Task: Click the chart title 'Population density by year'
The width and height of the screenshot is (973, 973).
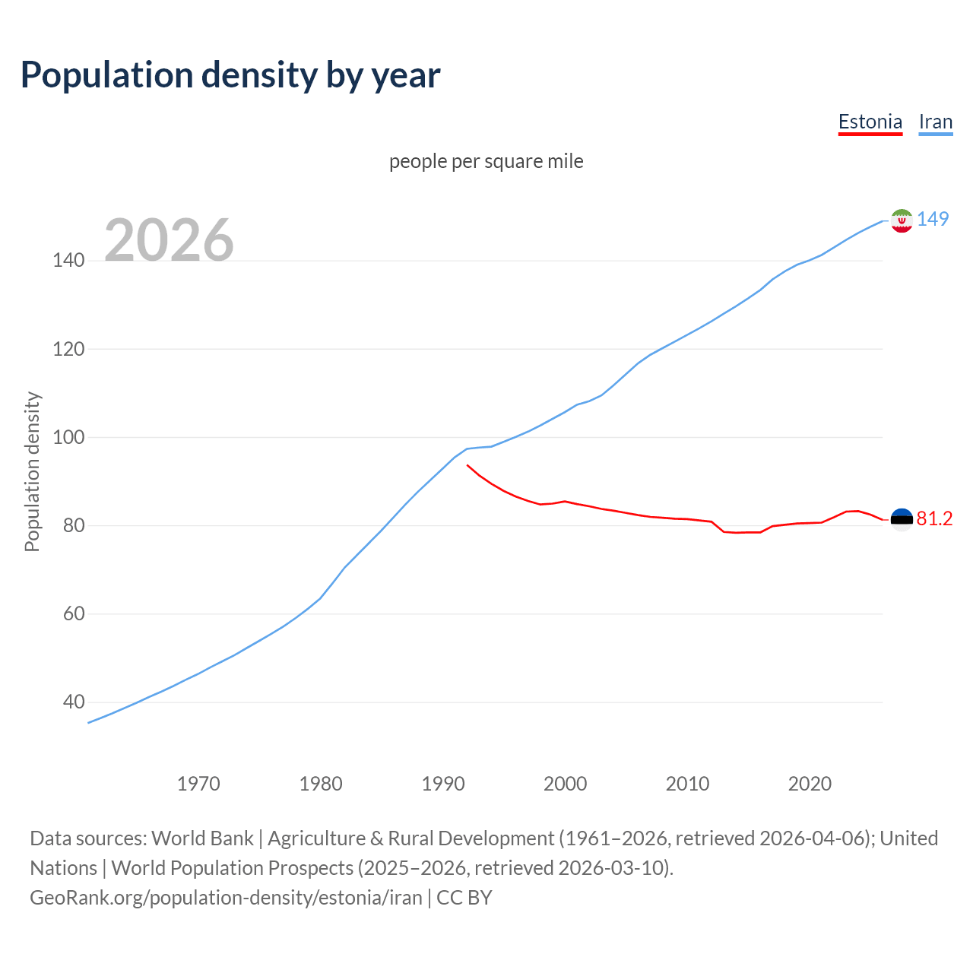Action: tap(230, 75)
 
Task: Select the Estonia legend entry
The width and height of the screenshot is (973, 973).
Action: tap(870, 122)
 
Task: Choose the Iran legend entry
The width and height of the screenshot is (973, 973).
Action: tap(935, 122)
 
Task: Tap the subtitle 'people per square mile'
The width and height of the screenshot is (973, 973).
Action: tap(486, 161)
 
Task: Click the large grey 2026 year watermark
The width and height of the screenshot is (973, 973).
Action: tap(169, 240)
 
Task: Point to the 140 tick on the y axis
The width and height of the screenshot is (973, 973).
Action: tap(68, 261)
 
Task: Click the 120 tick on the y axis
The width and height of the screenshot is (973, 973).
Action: tap(68, 349)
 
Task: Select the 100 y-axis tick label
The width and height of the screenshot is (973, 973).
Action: tap(68, 437)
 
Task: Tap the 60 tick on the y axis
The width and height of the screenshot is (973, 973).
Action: tap(73, 613)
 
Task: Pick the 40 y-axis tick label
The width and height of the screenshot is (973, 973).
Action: tap(73, 702)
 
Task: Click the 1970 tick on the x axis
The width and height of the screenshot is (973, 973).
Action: tap(198, 784)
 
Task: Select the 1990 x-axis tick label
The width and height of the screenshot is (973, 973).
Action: tap(443, 784)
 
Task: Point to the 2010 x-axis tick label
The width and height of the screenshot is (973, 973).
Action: tap(687, 784)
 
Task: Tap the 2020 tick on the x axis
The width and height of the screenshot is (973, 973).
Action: tap(810, 784)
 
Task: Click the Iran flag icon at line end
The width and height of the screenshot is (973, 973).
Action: tap(902, 220)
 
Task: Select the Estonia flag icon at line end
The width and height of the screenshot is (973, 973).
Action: tap(902, 520)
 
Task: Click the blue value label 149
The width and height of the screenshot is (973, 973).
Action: tap(933, 219)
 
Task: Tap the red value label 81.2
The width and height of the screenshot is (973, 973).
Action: tap(934, 518)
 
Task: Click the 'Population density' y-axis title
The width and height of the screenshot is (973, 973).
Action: tap(32, 471)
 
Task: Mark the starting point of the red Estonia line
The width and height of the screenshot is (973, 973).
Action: tap(467, 464)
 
